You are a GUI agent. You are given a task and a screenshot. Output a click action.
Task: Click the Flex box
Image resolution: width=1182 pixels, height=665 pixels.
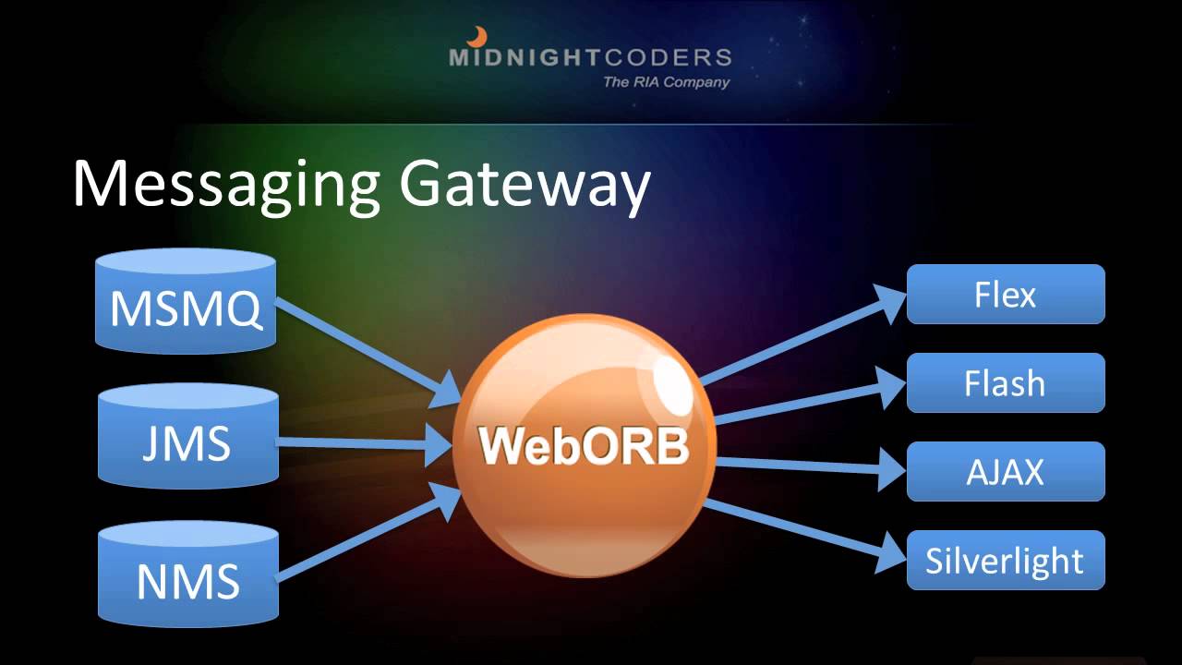coord(1006,295)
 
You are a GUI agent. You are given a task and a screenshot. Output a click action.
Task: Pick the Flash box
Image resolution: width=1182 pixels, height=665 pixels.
coord(1006,383)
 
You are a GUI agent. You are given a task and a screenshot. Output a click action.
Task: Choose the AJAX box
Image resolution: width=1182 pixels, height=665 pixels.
coord(1006,472)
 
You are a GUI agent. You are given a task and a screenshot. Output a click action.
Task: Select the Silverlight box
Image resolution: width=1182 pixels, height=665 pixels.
coord(1006,561)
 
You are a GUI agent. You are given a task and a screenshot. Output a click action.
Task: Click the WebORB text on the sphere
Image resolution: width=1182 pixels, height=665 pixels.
coord(584,447)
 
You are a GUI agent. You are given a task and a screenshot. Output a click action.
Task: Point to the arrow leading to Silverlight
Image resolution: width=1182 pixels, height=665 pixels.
coord(803,530)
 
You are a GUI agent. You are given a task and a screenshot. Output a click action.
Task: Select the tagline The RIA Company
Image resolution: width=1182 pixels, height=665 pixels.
coord(666,82)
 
